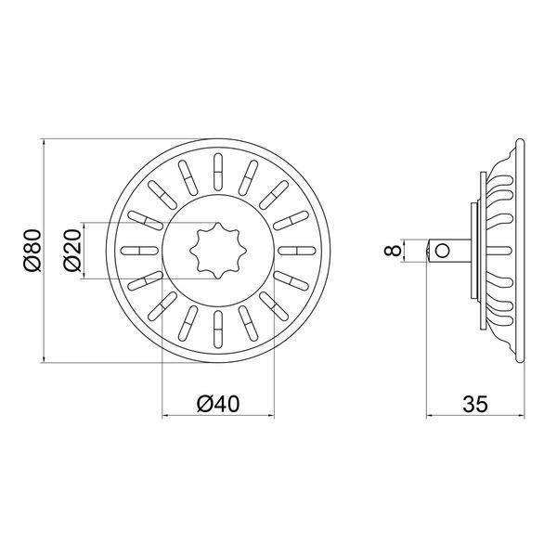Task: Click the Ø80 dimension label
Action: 33,251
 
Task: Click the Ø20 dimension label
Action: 72,251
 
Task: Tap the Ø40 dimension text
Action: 218,404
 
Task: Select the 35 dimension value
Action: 475,404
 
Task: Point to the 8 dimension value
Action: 393,251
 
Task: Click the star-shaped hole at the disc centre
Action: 218,251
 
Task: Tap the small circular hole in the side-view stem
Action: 442,251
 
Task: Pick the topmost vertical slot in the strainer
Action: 218,172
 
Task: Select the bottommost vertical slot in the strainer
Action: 218,330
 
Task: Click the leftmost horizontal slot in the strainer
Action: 139,251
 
